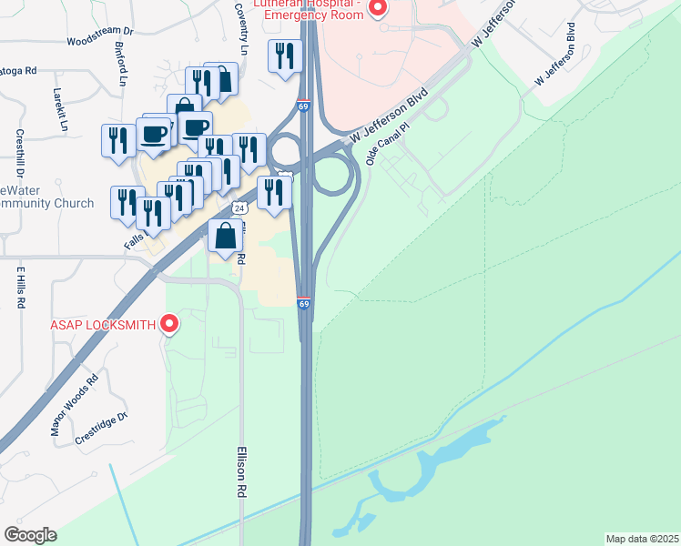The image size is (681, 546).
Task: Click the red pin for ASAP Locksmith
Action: (168, 323)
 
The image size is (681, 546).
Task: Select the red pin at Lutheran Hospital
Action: (377, 8)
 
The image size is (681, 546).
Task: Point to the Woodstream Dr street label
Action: (100, 42)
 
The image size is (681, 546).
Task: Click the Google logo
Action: (31, 534)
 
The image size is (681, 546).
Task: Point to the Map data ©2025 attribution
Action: (642, 538)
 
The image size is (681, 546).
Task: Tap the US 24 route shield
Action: (239, 207)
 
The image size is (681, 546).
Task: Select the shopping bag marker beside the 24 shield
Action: (225, 236)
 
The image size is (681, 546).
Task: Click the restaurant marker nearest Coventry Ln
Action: (284, 56)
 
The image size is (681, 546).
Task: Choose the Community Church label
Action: (47, 203)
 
